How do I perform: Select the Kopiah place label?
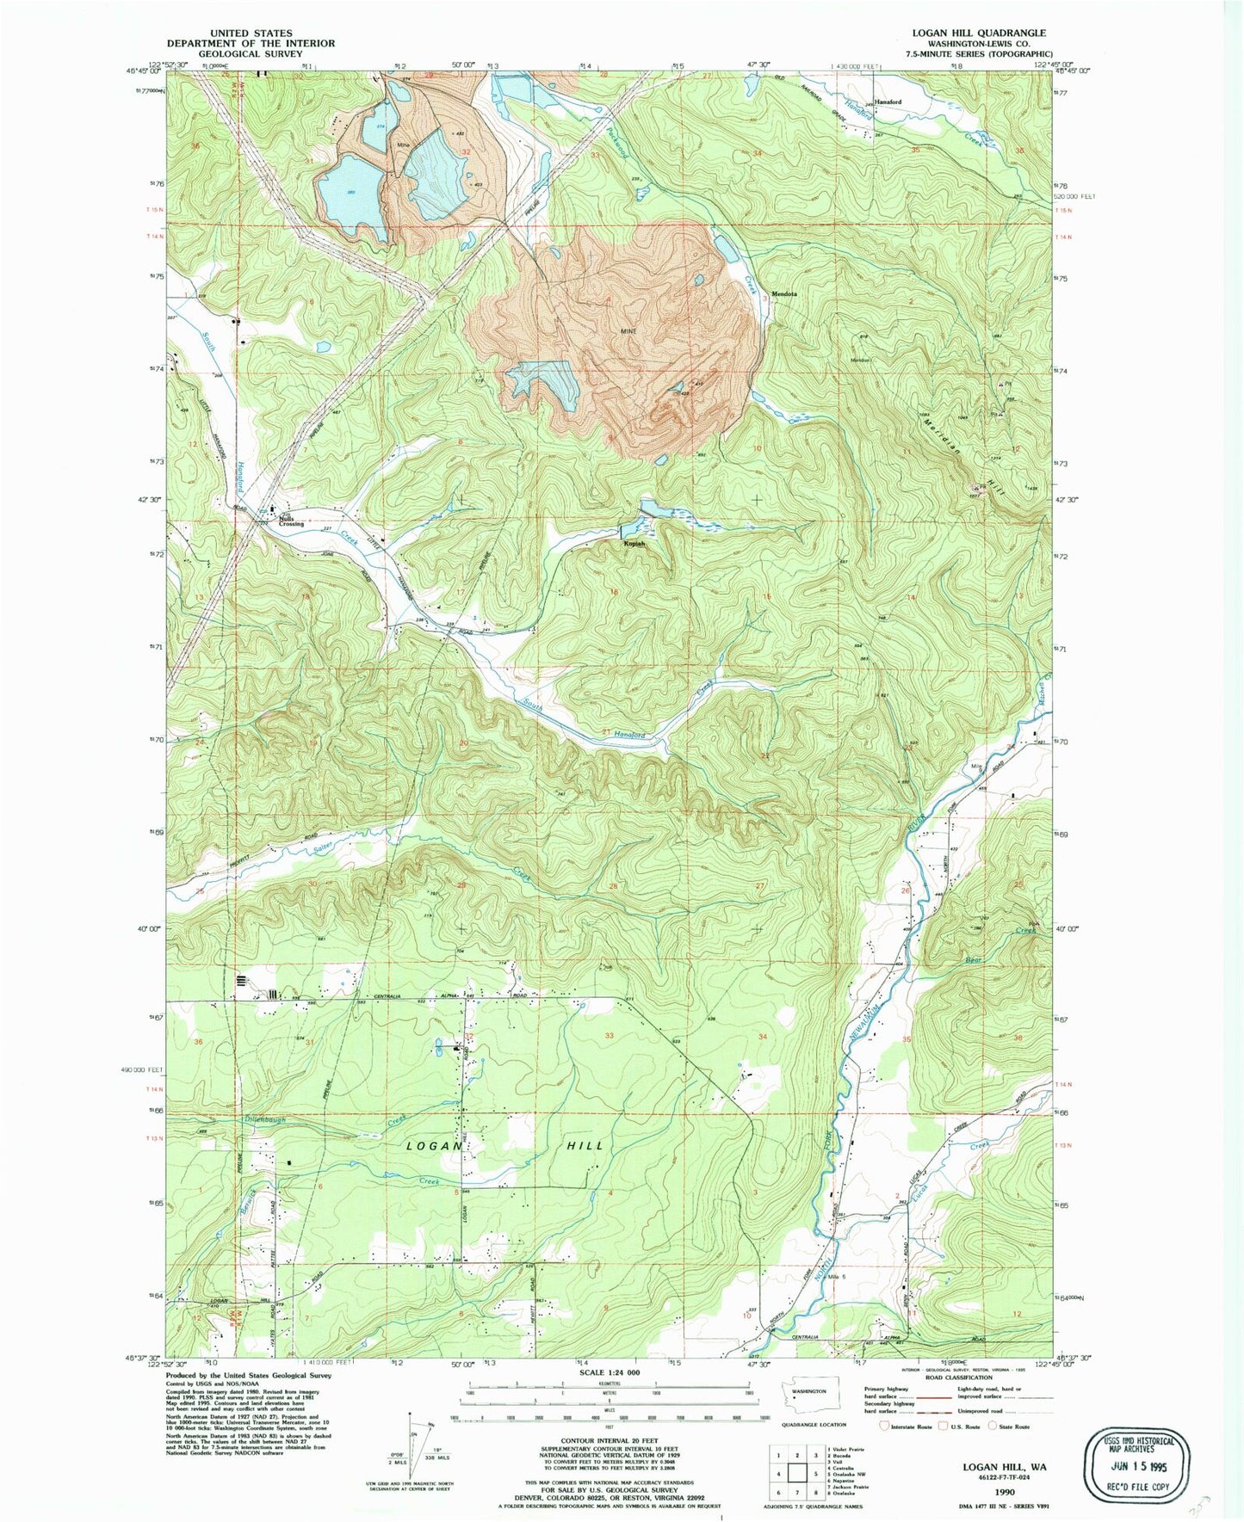(634, 544)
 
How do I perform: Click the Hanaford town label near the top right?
(888, 102)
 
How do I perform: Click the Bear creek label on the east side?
(975, 959)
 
